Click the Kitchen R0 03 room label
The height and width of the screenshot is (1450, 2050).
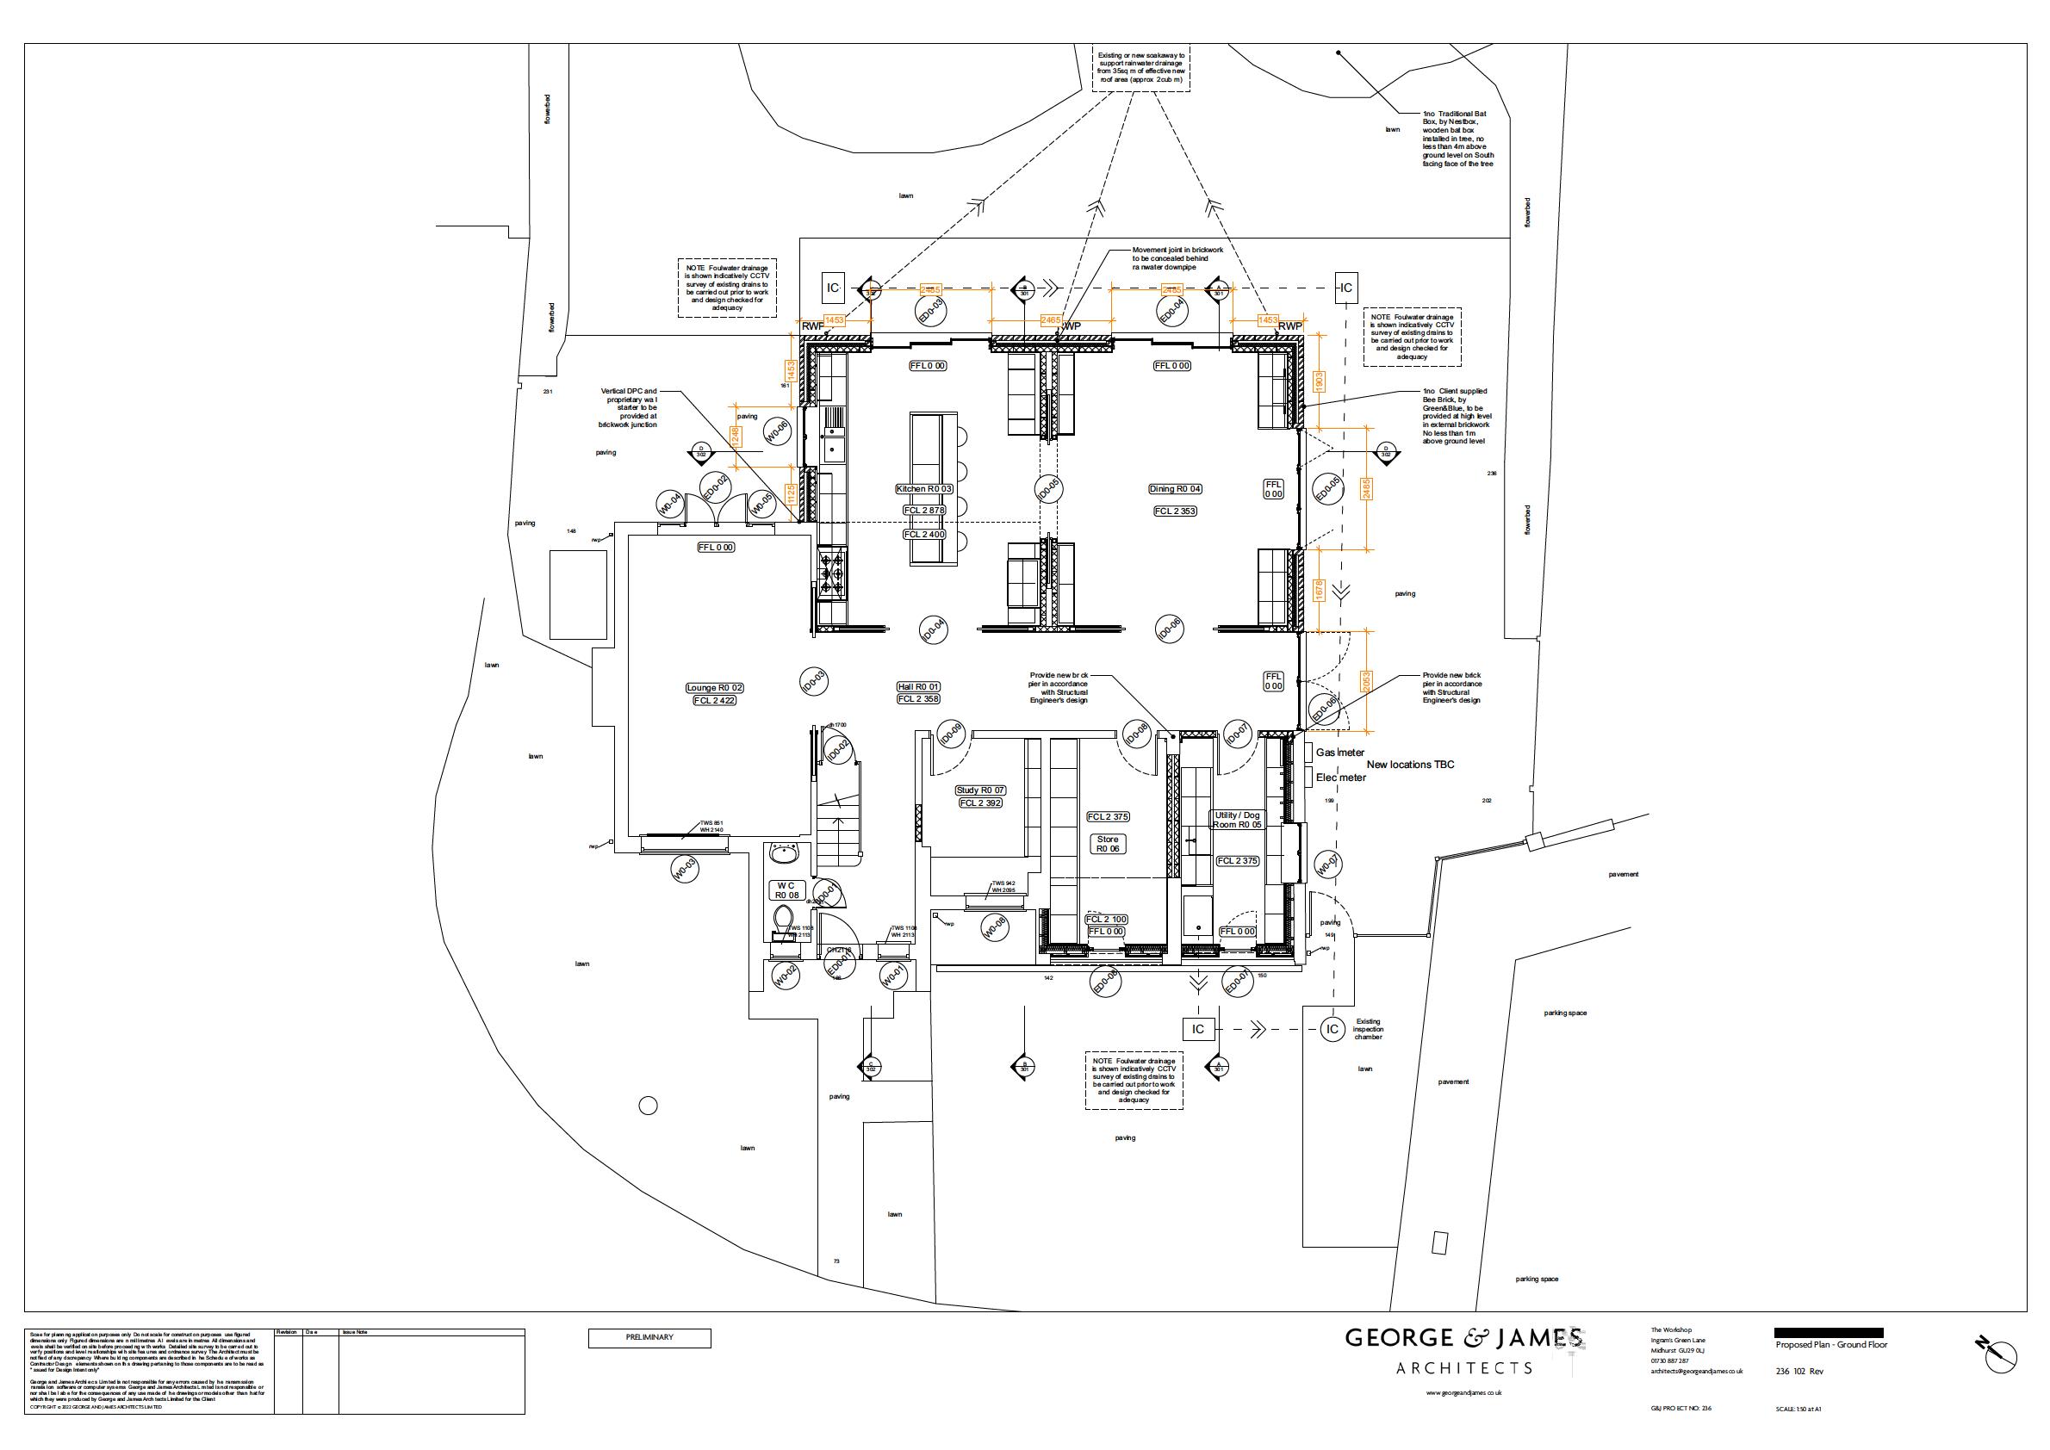pyautogui.click(x=924, y=489)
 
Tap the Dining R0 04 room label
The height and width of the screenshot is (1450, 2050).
pyautogui.click(x=1176, y=489)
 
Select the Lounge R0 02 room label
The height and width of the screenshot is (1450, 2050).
pyautogui.click(x=714, y=687)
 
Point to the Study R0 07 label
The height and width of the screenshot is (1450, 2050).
pyautogui.click(x=981, y=790)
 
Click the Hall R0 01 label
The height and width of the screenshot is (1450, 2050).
pyautogui.click(x=918, y=686)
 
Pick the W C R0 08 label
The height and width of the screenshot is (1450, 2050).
pyautogui.click(x=787, y=889)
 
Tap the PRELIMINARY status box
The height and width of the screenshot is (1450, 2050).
pyautogui.click(x=649, y=1337)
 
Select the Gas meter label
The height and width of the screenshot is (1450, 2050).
pyautogui.click(x=1340, y=753)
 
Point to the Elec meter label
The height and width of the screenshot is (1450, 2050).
pyautogui.click(x=1341, y=778)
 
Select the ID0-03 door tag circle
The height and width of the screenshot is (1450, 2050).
pyautogui.click(x=812, y=681)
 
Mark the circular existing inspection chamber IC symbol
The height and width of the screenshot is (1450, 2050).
pyautogui.click(x=1332, y=1030)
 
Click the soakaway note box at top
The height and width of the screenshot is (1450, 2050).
pyautogui.click(x=1144, y=68)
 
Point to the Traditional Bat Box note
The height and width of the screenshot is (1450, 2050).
pyautogui.click(x=1456, y=139)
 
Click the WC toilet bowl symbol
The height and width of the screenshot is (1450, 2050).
pyautogui.click(x=783, y=918)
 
